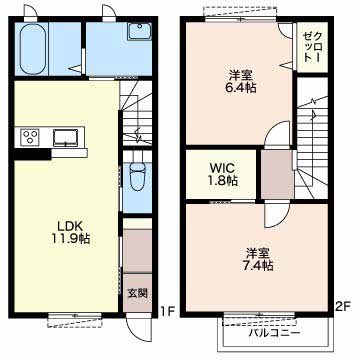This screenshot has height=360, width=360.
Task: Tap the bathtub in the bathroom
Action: click(x=33, y=49)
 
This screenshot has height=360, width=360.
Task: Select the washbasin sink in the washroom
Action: click(x=139, y=31)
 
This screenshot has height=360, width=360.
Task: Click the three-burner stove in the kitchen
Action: click(x=30, y=137)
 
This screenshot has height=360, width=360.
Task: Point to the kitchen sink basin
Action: click(x=66, y=137)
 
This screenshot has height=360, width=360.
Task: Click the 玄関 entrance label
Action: click(x=138, y=293)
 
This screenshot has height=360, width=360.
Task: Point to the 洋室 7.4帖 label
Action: click(x=260, y=259)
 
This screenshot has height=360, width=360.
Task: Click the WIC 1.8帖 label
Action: click(x=223, y=173)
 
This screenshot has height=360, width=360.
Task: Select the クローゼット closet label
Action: click(x=312, y=46)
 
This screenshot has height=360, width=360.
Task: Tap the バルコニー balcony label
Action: click(x=275, y=332)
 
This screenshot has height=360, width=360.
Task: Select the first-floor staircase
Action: click(x=136, y=113)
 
